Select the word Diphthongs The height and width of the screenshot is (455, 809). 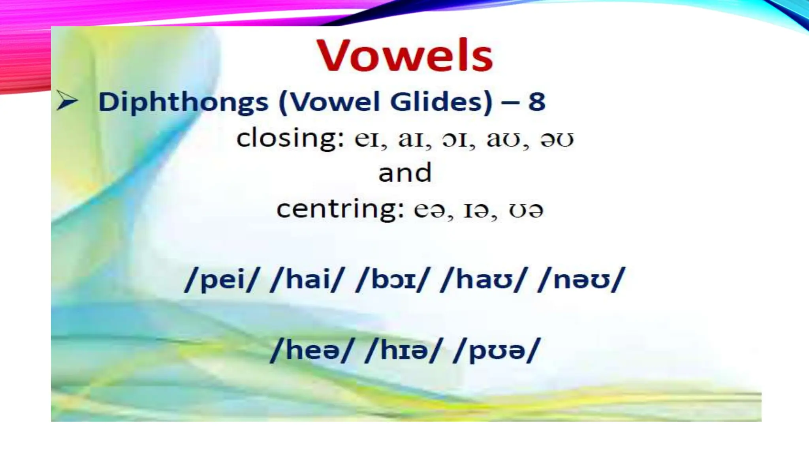tap(183, 102)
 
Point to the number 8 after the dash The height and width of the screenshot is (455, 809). tap(537, 102)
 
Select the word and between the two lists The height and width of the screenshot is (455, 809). tap(405, 173)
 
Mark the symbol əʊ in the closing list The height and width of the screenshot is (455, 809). tap(557, 139)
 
